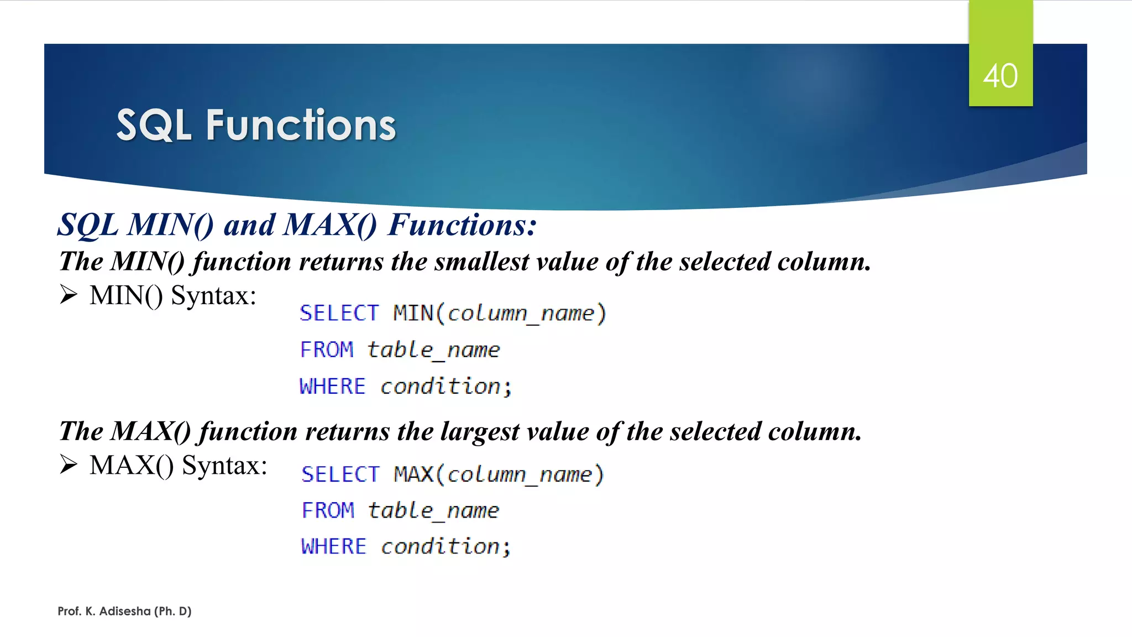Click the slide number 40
pyautogui.click(x=1000, y=76)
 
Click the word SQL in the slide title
pyautogui.click(x=154, y=126)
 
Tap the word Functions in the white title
pyautogui.click(x=301, y=126)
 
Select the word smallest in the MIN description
pyautogui.click(x=481, y=262)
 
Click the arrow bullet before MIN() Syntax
pyautogui.click(x=69, y=295)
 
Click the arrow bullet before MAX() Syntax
pyautogui.click(x=69, y=464)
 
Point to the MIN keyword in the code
pyautogui.click(x=413, y=314)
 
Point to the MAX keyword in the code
pyautogui.click(x=413, y=474)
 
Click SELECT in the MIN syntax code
pyautogui.click(x=339, y=314)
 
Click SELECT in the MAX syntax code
pyautogui.click(x=340, y=474)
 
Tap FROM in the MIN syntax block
pyautogui.click(x=327, y=350)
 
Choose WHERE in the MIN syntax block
pyautogui.click(x=332, y=387)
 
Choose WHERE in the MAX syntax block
pyautogui.click(x=333, y=547)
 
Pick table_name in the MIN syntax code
pyautogui.click(x=433, y=350)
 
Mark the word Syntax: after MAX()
pyautogui.click(x=224, y=466)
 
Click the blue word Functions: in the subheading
pyautogui.click(x=462, y=225)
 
